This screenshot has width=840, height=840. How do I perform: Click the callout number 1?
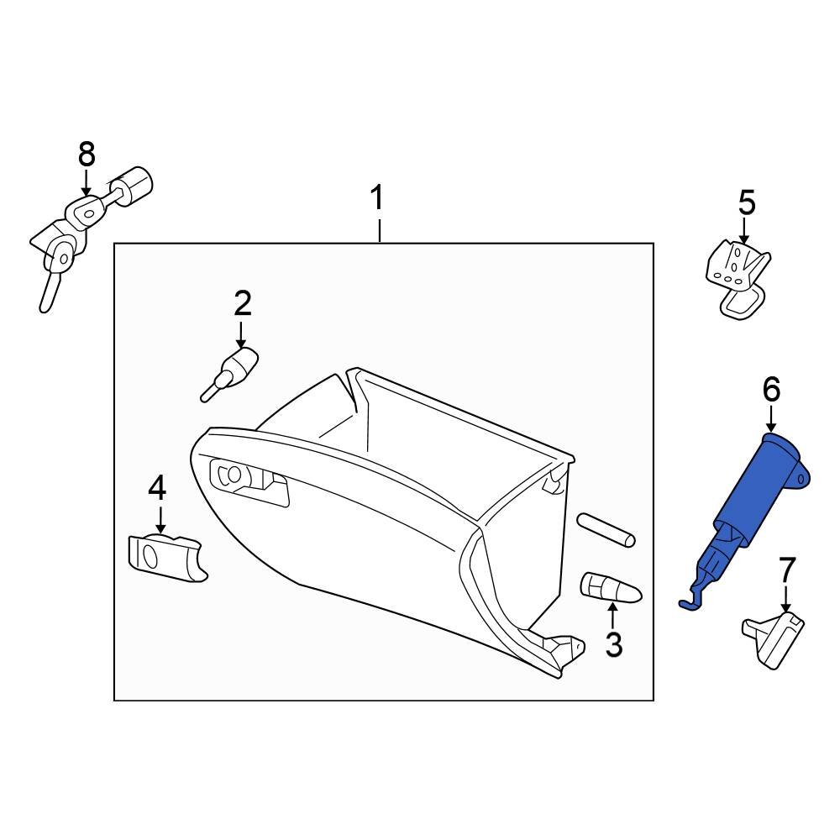tap(378, 199)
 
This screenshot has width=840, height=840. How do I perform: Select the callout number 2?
tap(242, 303)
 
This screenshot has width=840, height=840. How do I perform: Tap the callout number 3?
tap(614, 644)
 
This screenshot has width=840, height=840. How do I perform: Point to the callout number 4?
tap(158, 489)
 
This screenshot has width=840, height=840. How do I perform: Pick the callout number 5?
tap(746, 202)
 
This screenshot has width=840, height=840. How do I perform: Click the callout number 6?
tap(771, 389)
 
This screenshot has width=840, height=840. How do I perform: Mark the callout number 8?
tap(87, 155)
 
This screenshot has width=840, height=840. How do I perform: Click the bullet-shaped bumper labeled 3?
tap(611, 588)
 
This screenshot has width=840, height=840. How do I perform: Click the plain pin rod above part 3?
tap(607, 531)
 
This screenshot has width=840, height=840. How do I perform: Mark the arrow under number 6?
tap(771, 420)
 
